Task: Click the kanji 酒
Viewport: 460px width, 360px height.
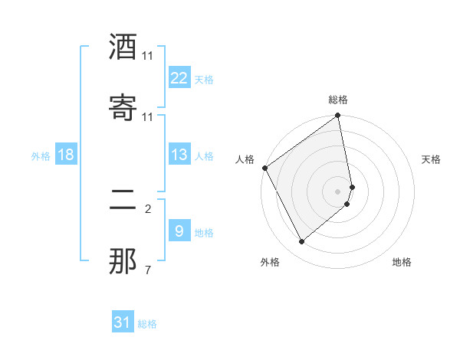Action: pos(123,47)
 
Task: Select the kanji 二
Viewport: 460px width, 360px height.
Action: pos(123,201)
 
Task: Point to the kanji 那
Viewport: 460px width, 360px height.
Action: pos(123,262)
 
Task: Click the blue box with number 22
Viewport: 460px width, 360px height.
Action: pos(179,78)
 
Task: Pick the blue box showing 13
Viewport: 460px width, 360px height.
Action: pos(179,155)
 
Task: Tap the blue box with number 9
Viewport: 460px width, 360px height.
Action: pos(179,231)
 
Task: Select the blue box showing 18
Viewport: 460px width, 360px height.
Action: pos(66,155)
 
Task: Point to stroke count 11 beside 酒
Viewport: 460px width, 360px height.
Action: pos(148,56)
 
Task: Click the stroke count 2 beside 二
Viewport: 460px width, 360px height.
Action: pos(148,208)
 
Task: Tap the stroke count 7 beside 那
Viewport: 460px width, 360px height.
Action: pos(148,270)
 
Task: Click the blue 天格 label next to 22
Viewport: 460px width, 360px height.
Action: pos(204,80)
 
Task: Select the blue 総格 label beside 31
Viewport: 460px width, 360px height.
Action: pos(147,324)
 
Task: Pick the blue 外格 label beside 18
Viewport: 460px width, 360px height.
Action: pos(41,156)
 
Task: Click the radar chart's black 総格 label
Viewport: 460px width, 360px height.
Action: pos(338,100)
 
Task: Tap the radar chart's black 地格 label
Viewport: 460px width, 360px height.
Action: pos(402,262)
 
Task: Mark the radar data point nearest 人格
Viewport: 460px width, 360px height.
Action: pos(265,168)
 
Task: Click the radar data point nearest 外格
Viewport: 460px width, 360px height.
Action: pos(301,242)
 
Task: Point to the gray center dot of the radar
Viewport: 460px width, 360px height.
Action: pos(338,191)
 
